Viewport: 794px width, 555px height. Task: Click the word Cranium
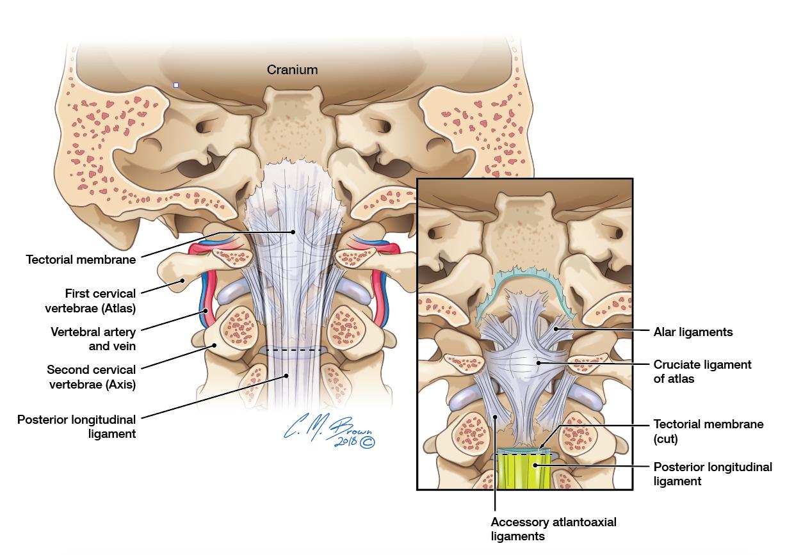coord(292,70)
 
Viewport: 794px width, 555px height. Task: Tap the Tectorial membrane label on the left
coord(81,259)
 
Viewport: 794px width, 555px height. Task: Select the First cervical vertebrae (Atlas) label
coord(90,301)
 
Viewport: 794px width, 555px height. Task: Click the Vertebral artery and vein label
coord(93,339)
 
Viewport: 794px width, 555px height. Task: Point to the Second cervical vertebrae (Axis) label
coord(92,377)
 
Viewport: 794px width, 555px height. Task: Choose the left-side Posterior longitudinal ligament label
coord(77,427)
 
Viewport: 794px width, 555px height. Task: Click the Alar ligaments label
coord(693,332)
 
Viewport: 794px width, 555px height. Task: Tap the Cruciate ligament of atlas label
coord(702,371)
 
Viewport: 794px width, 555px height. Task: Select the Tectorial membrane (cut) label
coord(708,431)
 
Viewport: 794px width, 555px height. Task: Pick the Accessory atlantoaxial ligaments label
coord(553,529)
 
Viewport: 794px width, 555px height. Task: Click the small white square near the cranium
coord(176,85)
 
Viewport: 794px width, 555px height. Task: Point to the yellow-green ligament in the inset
coord(524,471)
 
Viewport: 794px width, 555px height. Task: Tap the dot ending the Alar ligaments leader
coord(556,329)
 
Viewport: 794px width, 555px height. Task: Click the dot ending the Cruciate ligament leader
coord(539,363)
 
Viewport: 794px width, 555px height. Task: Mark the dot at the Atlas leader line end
coord(182,280)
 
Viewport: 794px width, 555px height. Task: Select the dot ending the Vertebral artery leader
coord(206,311)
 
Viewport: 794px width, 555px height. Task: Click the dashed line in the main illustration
coord(293,350)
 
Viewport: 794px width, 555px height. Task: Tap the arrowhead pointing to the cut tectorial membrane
coord(542,447)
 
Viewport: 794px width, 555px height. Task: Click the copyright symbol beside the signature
coord(368,442)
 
